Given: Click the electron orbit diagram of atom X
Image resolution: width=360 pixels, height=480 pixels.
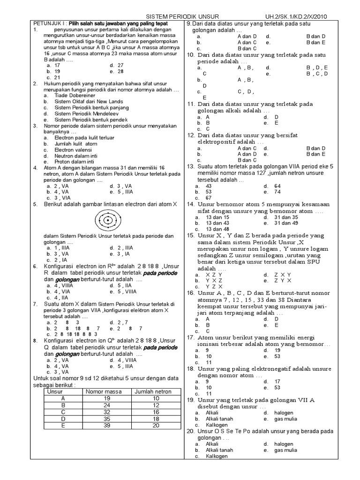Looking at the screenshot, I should point(108,219).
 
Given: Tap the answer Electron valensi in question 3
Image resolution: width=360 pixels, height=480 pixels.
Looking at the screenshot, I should point(74,150).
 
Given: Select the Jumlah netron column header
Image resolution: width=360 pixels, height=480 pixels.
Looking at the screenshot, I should point(153,391).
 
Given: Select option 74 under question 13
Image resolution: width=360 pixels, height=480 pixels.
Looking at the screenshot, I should point(277,192).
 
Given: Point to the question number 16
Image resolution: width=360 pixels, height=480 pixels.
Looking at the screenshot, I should point(191,293).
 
